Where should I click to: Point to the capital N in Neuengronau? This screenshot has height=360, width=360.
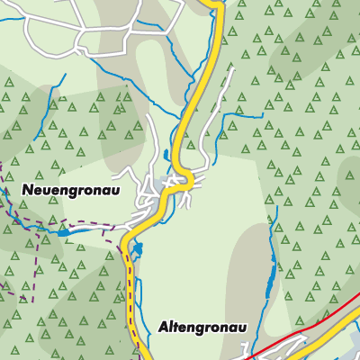coord(27,191)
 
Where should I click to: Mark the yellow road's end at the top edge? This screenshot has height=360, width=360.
coord(216,3)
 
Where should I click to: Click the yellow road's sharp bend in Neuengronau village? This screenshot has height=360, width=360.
coord(187,180)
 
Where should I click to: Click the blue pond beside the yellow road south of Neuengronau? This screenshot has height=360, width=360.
coord(137,249)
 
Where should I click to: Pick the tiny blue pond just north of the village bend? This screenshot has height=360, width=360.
coord(167,155)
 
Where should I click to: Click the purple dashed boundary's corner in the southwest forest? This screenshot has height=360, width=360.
coord(33,298)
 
